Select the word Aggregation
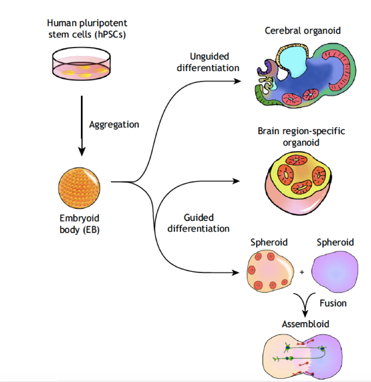114,124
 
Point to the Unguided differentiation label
209,62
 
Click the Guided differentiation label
198,223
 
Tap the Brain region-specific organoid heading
301,136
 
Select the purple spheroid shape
335,273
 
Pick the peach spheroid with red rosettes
269,272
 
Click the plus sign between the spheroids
302,273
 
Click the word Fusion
333,303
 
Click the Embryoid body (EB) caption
80,224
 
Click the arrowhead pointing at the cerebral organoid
237,81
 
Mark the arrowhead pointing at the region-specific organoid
236,181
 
